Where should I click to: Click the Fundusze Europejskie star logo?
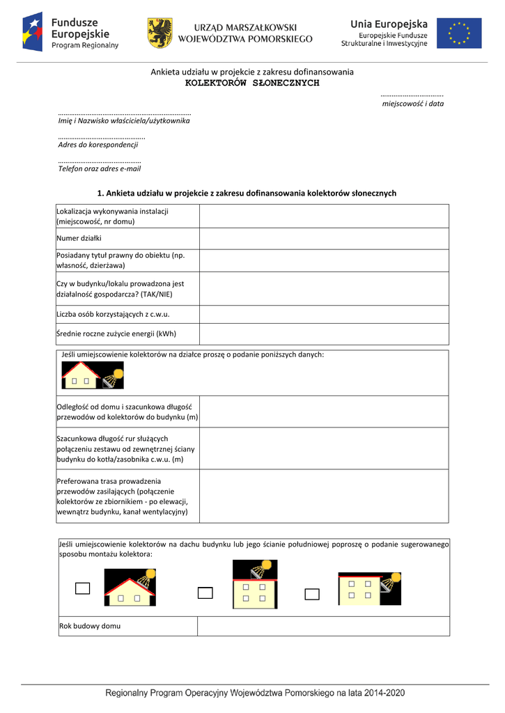click(33, 32)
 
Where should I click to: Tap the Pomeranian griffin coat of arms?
click(160, 33)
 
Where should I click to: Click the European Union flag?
click(458, 33)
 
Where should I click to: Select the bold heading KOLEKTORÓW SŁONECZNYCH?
click(252, 83)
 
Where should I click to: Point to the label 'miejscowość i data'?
click(413, 104)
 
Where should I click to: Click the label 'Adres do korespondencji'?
click(98, 145)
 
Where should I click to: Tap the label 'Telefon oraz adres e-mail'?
click(100, 169)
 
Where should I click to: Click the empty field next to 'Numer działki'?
click(324, 238)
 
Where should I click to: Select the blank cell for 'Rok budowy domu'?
click(323, 626)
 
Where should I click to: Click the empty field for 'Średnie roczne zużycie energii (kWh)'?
click(324, 334)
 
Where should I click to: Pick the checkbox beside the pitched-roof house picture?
click(83, 589)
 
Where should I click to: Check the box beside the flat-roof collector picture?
click(205, 593)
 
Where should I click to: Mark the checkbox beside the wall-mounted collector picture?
click(312, 594)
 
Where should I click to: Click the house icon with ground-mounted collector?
click(93, 375)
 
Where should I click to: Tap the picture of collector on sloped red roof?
click(130, 587)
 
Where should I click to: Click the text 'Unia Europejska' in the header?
click(389, 24)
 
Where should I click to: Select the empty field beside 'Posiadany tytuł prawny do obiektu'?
click(324, 260)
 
